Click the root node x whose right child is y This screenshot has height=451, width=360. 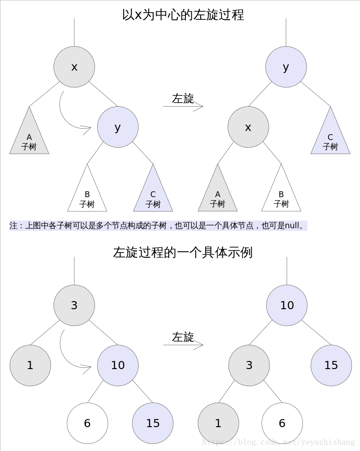(x=74, y=67)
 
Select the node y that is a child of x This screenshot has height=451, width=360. (x=118, y=127)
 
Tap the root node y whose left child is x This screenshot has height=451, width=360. (x=286, y=67)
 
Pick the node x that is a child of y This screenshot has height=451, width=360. (x=248, y=127)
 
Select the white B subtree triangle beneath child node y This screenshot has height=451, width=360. (x=87, y=196)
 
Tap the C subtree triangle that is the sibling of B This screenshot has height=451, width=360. (x=153, y=196)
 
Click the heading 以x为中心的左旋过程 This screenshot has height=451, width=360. (x=183, y=14)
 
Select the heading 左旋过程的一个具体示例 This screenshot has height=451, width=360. (x=183, y=252)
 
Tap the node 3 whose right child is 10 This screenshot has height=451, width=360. (x=74, y=305)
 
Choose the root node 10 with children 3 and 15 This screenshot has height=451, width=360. (x=287, y=305)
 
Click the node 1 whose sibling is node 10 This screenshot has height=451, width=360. (x=30, y=365)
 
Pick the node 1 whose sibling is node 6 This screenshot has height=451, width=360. (x=218, y=423)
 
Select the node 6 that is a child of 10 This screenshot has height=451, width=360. (x=87, y=423)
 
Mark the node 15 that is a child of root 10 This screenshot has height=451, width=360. (x=331, y=365)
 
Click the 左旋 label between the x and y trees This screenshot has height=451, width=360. (x=183, y=99)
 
